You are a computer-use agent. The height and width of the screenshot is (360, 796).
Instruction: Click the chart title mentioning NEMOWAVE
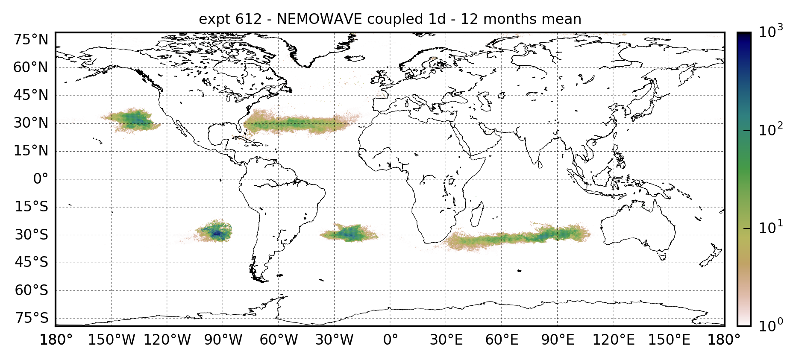pyautogui.click(x=390, y=19)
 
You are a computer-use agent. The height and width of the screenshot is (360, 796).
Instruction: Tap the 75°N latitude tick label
pyautogui.click(x=31, y=40)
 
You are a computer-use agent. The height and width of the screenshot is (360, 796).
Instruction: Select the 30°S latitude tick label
pyautogui.click(x=31, y=235)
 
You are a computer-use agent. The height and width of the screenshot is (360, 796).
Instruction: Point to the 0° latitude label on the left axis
pyautogui.click(x=41, y=179)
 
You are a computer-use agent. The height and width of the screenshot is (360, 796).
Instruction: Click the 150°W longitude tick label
pyautogui.click(x=112, y=340)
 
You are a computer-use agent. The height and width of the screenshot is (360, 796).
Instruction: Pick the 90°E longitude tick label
pyautogui.click(x=558, y=340)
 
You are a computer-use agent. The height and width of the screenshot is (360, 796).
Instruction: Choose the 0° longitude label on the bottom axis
pyautogui.click(x=390, y=340)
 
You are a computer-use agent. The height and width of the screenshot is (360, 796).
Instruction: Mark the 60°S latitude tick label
pyautogui.click(x=31, y=290)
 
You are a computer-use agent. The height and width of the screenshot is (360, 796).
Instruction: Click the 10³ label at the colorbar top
pyautogui.click(x=771, y=32)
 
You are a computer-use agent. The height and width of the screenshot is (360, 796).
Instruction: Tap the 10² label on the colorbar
pyautogui.click(x=771, y=129)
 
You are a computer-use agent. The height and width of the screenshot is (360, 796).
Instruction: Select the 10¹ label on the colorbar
pyautogui.click(x=771, y=228)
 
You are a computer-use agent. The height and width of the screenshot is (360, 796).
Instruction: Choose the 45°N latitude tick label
pyautogui.click(x=31, y=95)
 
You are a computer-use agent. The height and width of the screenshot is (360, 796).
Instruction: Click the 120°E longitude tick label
pyautogui.click(x=614, y=340)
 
